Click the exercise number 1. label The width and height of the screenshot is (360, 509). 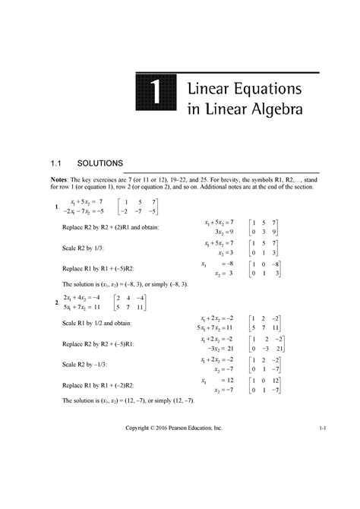(50, 207)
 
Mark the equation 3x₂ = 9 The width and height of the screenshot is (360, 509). (221, 232)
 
